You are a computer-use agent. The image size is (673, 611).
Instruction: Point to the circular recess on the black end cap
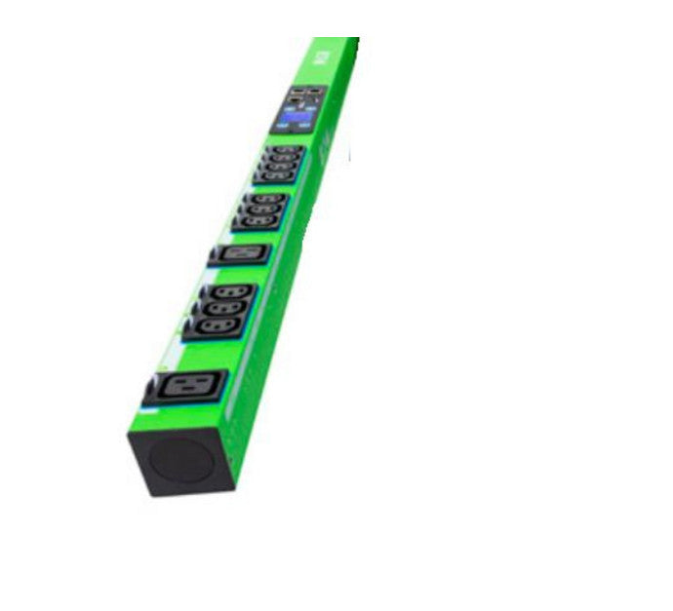click(x=179, y=461)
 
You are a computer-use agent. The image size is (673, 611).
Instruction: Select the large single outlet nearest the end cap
click(x=186, y=386)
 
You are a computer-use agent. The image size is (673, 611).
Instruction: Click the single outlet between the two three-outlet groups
click(x=239, y=254)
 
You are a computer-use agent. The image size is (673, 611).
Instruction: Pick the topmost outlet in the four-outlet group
click(x=286, y=149)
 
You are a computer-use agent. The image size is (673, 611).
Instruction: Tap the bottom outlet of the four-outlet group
click(x=278, y=175)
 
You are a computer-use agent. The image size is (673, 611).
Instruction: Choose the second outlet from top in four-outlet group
click(x=283, y=158)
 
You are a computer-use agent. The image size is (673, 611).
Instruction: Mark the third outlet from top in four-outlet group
click(x=281, y=167)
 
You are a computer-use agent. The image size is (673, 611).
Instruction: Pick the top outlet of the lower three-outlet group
click(x=230, y=291)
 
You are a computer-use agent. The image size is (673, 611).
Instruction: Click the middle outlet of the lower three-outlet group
click(x=224, y=307)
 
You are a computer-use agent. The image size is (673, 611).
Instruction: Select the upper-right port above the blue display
click(x=313, y=92)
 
